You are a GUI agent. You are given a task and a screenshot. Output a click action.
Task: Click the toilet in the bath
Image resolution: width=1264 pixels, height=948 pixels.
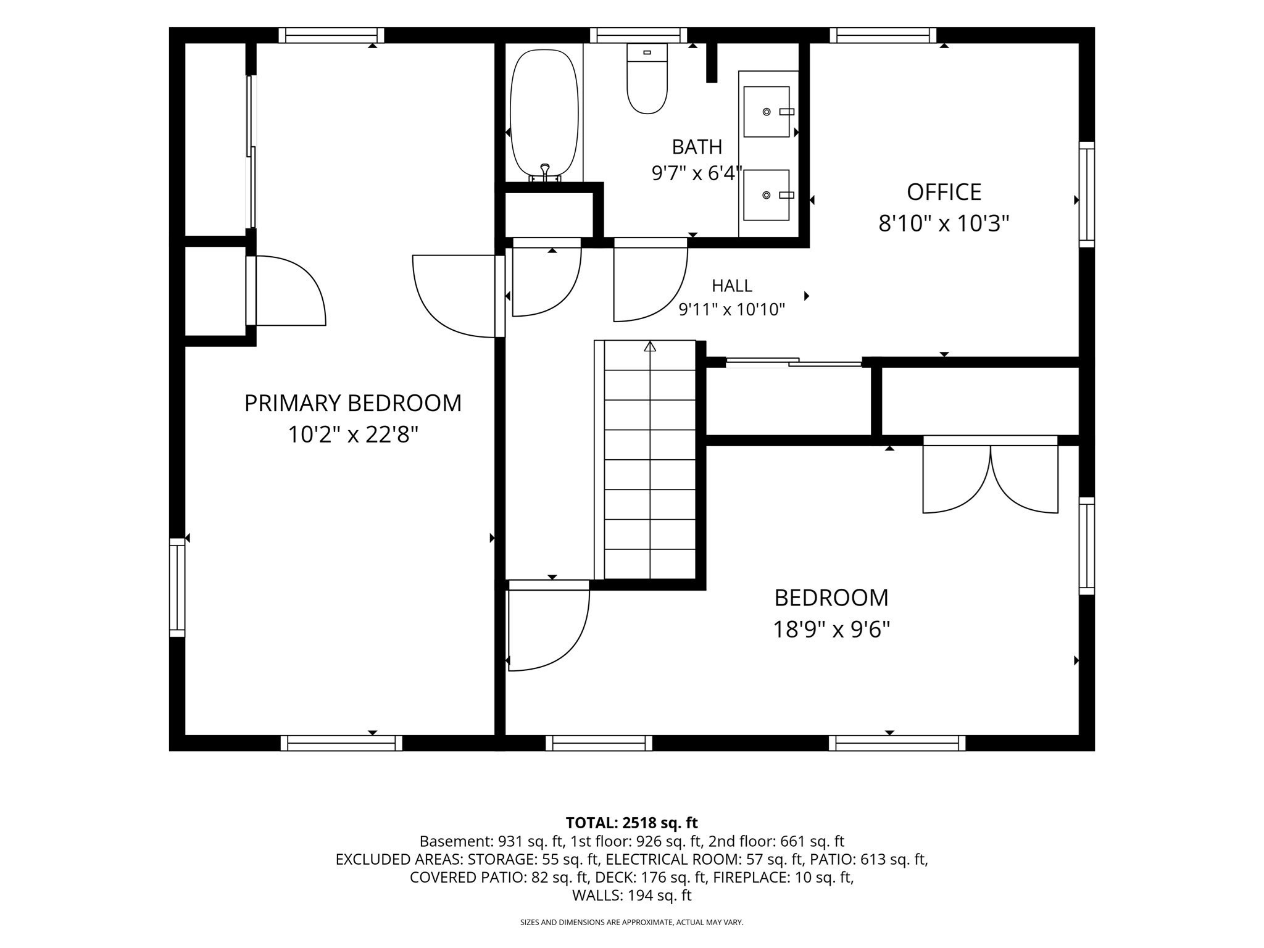tap(647, 78)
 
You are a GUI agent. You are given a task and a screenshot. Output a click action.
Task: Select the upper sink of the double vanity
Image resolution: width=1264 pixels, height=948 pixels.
tap(767, 112)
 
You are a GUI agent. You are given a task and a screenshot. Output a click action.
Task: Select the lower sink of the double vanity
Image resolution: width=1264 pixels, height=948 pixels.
tap(767, 195)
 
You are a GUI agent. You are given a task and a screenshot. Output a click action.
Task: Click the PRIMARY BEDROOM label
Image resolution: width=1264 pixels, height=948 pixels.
tap(353, 403)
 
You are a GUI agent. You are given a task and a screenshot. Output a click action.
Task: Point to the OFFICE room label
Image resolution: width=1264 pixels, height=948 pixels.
tap(944, 192)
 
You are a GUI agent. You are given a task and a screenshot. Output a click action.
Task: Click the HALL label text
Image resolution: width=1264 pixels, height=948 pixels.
tap(732, 286)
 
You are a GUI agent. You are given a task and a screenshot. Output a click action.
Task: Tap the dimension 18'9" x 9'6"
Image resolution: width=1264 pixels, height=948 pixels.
tap(831, 630)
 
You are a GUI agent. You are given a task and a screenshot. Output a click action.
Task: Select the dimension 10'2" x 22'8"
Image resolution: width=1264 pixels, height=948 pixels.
tap(353, 435)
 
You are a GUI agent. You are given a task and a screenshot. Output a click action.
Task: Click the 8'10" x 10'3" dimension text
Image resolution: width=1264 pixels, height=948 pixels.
tap(944, 223)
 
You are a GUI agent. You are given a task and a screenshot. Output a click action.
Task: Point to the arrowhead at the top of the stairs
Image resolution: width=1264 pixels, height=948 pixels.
tap(650, 346)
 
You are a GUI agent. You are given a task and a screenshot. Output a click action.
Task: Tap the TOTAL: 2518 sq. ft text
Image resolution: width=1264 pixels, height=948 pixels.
tap(631, 823)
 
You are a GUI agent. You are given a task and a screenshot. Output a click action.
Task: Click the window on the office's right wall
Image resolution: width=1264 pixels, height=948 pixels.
tap(1087, 194)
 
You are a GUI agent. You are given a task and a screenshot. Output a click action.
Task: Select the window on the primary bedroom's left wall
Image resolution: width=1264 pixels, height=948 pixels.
tap(177, 587)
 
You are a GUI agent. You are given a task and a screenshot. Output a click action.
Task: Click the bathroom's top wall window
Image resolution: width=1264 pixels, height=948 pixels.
tap(639, 35)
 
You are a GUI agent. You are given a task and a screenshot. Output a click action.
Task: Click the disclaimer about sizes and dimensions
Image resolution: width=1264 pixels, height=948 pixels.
tap(631, 923)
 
